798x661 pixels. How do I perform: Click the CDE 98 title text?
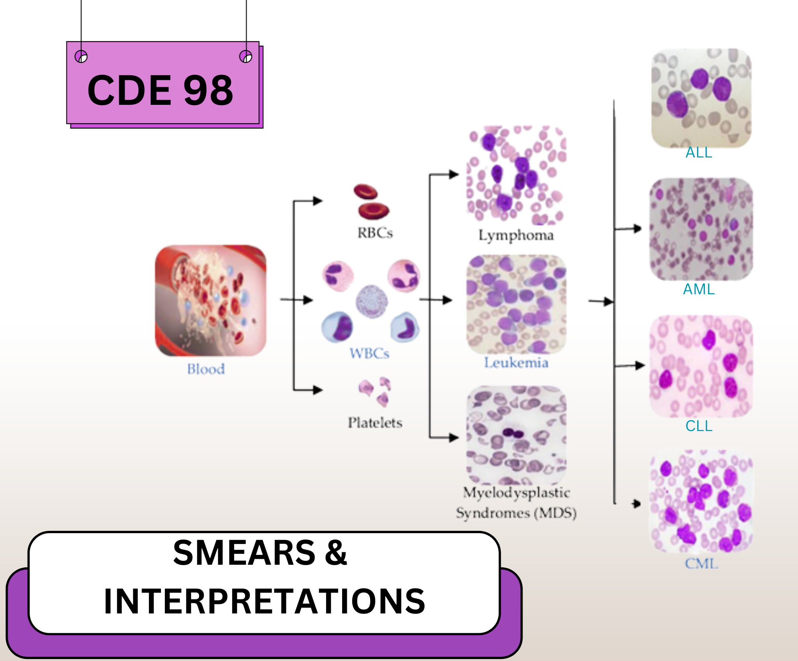[161, 90]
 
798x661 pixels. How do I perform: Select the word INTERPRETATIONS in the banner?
[265, 601]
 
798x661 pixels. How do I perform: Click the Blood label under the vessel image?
[206, 369]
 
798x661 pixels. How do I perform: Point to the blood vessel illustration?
[210, 300]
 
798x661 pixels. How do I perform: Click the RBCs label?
[375, 233]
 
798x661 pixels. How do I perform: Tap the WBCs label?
[369, 353]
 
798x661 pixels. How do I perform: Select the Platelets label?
[375, 422]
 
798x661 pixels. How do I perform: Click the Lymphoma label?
[516, 236]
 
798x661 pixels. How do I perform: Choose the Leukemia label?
[516, 363]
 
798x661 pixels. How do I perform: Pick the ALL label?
[699, 152]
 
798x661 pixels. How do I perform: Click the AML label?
[699, 289]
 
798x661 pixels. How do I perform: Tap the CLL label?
[699, 426]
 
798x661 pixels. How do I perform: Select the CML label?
[701, 564]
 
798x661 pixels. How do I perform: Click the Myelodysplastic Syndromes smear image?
[517, 435]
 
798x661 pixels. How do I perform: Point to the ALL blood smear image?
[701, 98]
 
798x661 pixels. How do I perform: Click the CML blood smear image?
[701, 501]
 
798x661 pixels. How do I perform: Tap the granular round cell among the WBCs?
[372, 301]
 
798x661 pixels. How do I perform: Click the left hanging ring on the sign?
[81, 57]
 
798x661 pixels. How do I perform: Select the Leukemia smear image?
[517, 304]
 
